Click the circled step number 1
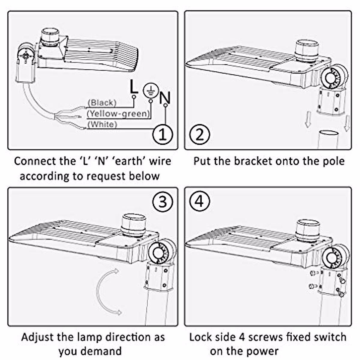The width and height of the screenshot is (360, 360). pyautogui.click(x=162, y=134)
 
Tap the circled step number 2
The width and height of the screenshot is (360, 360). pyautogui.click(x=199, y=134)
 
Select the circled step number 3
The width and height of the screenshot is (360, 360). pyautogui.click(x=162, y=202)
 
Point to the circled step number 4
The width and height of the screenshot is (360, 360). pyautogui.click(x=199, y=202)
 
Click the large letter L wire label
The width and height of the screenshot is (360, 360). pyautogui.click(x=133, y=87)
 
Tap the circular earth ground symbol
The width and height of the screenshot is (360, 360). pyautogui.click(x=151, y=90)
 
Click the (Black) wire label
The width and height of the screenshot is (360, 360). pyautogui.click(x=102, y=103)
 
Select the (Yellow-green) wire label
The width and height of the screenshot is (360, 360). pyautogui.click(x=118, y=113)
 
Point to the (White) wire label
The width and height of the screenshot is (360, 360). pyautogui.click(x=102, y=124)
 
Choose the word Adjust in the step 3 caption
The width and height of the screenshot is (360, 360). pyautogui.click(x=37, y=337)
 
